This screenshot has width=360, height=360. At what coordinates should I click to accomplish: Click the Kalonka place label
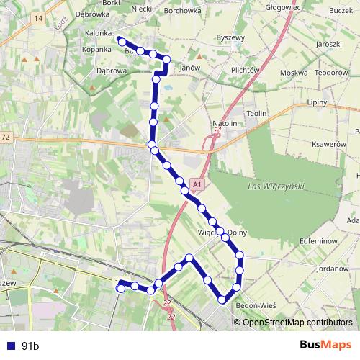98,33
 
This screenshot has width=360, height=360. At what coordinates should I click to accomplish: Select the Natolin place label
224,124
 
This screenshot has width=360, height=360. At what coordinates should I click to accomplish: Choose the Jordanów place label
332,269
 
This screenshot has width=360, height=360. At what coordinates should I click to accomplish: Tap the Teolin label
257,114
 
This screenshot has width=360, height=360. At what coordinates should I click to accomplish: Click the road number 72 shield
6,136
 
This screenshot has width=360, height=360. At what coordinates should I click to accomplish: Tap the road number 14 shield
38,17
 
